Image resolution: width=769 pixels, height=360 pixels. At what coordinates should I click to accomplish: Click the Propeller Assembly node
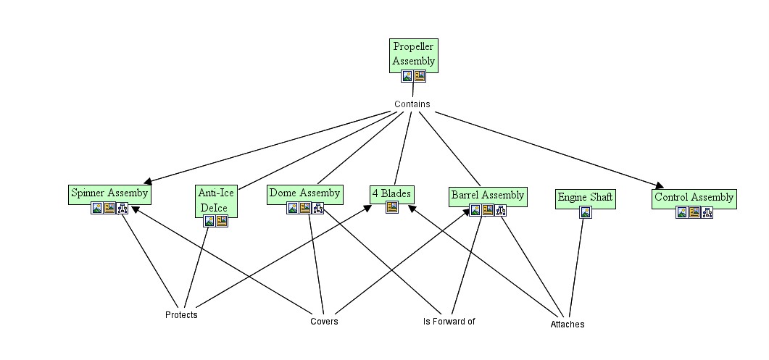(x=413, y=54)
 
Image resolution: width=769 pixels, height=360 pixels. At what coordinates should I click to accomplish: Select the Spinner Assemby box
(x=109, y=193)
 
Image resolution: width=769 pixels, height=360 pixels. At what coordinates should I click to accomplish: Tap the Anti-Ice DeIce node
(x=212, y=199)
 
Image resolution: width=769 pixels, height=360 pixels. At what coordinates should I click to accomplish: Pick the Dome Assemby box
(x=304, y=193)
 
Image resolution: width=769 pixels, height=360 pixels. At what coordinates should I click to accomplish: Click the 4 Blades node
(x=391, y=193)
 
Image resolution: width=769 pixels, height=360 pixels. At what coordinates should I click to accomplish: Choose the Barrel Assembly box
(x=487, y=195)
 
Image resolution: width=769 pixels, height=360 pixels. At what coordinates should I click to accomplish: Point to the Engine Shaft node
(x=585, y=197)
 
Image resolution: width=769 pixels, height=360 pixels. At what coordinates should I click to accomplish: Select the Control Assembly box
(x=694, y=197)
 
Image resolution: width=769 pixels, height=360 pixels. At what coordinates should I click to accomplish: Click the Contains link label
(x=412, y=104)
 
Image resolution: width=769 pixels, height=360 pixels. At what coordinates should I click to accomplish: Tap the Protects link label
(x=181, y=315)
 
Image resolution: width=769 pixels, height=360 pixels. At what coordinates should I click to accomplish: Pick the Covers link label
(x=324, y=322)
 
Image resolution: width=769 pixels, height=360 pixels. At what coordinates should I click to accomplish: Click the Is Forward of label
(x=449, y=321)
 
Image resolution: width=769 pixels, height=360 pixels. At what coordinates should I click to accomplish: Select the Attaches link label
(x=567, y=325)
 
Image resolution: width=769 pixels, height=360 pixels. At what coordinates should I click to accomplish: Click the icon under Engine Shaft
(x=586, y=212)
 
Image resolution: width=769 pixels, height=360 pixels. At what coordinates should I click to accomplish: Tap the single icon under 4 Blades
(x=391, y=207)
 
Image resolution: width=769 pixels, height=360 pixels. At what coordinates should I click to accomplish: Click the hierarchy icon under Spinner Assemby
(x=122, y=209)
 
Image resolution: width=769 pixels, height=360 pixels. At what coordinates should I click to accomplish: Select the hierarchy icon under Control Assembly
(x=707, y=212)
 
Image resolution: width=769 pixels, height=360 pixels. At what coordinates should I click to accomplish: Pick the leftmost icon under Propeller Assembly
(x=407, y=76)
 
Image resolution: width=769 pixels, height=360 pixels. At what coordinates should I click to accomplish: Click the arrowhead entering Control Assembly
(x=659, y=185)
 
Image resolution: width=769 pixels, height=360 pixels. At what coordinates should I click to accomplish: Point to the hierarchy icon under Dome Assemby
(x=317, y=209)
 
